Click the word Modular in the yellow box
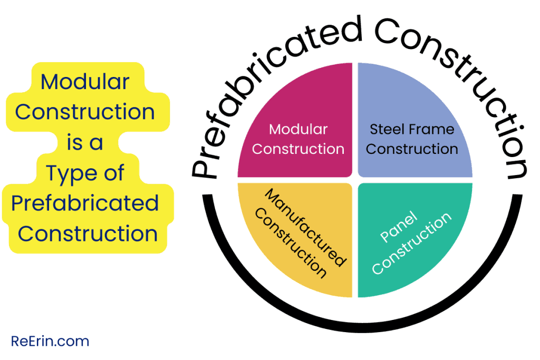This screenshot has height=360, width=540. (85, 82)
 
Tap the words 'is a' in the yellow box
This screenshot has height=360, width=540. (85, 143)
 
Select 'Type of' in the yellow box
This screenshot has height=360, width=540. (85, 173)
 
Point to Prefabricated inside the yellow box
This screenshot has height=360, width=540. (85, 203)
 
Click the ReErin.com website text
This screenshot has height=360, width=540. (50, 341)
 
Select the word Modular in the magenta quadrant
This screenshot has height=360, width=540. (298, 129)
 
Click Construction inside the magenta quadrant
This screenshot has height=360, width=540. (298, 149)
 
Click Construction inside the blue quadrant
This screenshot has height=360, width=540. (412, 149)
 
